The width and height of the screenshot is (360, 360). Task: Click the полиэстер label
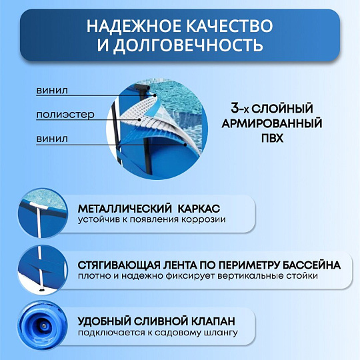tap(65, 115)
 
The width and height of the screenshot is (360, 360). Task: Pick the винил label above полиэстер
tap(51, 90)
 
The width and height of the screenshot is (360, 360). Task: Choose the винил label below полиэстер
tap(51, 139)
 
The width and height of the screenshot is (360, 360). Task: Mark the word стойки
tap(301, 275)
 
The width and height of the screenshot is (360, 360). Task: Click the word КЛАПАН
tap(214, 321)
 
